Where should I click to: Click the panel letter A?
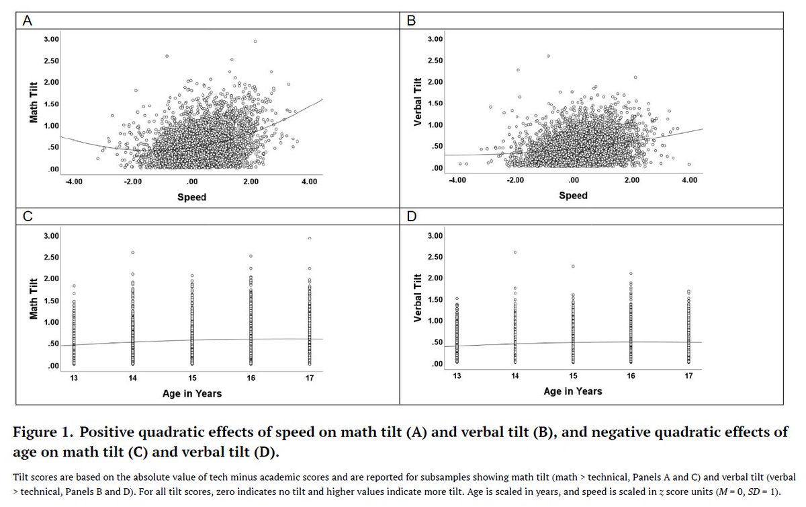click(x=28, y=21)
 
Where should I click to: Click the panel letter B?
click(x=412, y=21)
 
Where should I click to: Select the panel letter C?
click(x=28, y=217)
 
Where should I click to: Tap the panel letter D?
click(x=412, y=217)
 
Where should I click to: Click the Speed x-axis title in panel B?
click(x=573, y=196)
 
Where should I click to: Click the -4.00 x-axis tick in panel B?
click(x=457, y=180)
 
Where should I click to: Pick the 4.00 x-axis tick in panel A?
click(x=309, y=182)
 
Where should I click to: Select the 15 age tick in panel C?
click(x=191, y=379)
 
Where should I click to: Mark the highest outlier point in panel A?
click(x=255, y=42)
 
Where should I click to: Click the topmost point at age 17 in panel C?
click(x=310, y=238)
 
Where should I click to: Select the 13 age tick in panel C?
click(x=73, y=379)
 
